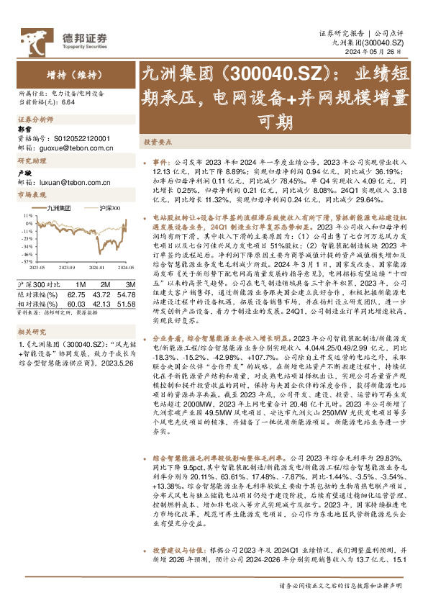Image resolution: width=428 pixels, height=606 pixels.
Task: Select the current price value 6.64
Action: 69,103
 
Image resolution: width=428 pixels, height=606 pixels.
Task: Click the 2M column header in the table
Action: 101,277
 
